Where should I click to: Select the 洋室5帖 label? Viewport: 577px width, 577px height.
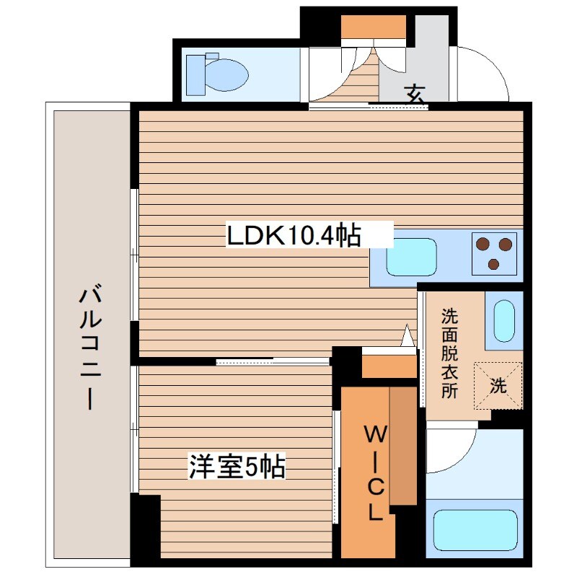pos(237,467)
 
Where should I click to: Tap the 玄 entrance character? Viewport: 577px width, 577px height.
pos(414,93)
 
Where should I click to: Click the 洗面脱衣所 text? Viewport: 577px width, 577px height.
pos(449,353)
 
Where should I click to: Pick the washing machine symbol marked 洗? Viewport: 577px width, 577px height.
pos(498,385)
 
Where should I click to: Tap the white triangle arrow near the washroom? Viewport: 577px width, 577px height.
pos(408,335)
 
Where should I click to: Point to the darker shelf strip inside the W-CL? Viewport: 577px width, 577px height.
pos(403,447)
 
